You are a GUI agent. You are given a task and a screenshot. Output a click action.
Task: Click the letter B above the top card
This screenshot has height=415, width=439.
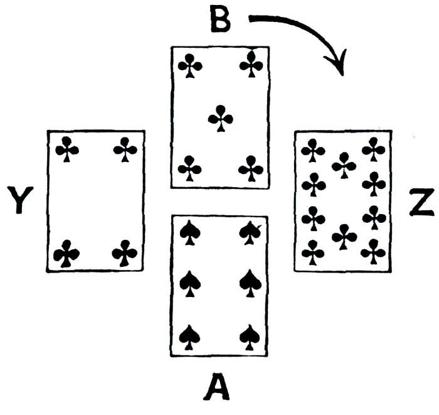(220, 21)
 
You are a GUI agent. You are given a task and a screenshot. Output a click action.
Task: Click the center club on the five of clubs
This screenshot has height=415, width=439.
(220, 117)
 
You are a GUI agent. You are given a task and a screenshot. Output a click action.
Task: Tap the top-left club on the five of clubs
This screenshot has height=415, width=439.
(189, 65)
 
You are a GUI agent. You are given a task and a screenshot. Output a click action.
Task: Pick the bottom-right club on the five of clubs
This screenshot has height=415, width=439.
(251, 168)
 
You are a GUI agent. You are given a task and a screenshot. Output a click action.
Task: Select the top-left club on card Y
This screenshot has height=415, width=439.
(66, 148)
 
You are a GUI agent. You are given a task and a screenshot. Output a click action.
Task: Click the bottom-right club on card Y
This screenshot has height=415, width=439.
(124, 254)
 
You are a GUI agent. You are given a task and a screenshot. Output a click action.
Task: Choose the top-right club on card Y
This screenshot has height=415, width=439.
(125, 148)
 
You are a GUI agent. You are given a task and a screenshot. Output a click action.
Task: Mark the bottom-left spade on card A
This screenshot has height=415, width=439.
(189, 337)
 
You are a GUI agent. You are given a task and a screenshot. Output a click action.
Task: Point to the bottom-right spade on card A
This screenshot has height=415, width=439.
(251, 337)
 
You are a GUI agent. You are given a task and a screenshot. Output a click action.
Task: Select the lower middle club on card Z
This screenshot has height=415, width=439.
(344, 237)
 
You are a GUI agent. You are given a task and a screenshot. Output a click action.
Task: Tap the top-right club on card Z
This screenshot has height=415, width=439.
(374, 149)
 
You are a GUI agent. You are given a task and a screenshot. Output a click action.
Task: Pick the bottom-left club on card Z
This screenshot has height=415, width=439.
(313, 252)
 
